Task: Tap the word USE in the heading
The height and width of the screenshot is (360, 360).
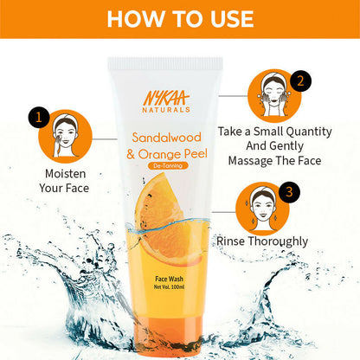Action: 232,19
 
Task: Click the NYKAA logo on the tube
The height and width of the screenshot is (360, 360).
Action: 166,98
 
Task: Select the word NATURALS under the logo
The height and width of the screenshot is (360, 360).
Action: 166,110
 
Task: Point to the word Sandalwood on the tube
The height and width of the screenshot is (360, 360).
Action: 166,138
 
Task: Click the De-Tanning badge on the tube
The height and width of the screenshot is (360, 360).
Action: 168,165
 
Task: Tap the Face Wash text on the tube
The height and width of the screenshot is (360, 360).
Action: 169,279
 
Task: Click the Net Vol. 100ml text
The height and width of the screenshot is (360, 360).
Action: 169,287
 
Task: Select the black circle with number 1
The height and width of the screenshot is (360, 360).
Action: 39,117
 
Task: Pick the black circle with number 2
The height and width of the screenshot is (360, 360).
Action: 300,81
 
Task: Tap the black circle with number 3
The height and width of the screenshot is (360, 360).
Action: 289,192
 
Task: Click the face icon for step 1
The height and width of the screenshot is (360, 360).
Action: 65,137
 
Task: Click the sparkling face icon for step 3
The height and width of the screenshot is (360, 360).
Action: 262,209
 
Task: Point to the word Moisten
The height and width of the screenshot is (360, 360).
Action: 66,174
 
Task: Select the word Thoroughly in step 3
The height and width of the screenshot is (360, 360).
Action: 278,241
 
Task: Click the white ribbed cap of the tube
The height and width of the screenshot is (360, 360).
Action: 165,64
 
